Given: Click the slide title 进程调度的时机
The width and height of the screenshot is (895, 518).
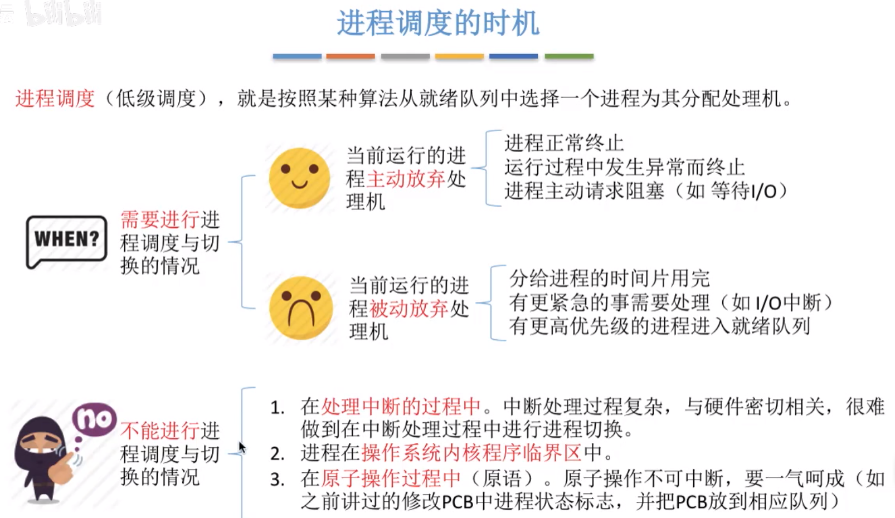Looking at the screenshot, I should click(438, 23).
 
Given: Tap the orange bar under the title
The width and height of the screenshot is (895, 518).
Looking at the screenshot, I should click(350, 56).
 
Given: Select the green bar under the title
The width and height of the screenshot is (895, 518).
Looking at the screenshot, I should click(568, 56).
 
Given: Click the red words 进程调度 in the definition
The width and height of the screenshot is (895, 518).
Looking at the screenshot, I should click(55, 99).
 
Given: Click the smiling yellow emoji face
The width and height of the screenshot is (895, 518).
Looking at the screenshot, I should click(299, 178).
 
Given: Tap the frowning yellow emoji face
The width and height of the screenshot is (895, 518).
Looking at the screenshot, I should click(301, 308).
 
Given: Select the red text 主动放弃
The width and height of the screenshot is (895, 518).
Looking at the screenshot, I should click(406, 179).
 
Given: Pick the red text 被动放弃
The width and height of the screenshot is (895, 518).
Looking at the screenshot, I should click(408, 309).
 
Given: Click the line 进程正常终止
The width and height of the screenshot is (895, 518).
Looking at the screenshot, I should click(564, 143).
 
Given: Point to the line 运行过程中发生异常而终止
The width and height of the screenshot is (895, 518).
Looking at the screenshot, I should click(624, 167).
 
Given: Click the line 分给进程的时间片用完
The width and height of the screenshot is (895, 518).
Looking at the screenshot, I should click(609, 278).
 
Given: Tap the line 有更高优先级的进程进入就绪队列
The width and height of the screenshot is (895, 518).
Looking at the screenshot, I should click(659, 326).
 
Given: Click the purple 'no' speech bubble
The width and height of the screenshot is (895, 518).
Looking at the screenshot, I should click(94, 419).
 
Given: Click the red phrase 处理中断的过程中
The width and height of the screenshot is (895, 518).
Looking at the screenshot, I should click(401, 407).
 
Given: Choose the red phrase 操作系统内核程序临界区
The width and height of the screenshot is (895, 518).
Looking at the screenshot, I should click(471, 453).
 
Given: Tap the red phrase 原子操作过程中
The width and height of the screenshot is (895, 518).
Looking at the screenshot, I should click(391, 478).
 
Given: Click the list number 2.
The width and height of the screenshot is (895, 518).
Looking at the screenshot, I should click(278, 454).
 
